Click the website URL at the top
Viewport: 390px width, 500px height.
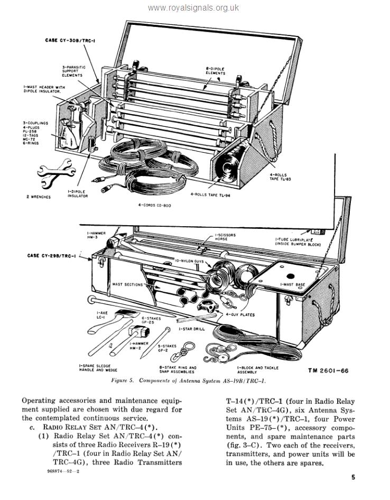click(x=193, y=8)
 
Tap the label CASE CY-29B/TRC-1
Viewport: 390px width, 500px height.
click(x=51, y=256)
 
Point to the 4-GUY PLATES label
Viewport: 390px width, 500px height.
click(x=240, y=314)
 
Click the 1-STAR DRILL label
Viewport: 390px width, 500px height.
click(x=192, y=329)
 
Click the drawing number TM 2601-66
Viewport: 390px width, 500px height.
click(x=328, y=371)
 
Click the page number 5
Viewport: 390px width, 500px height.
click(x=352, y=477)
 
